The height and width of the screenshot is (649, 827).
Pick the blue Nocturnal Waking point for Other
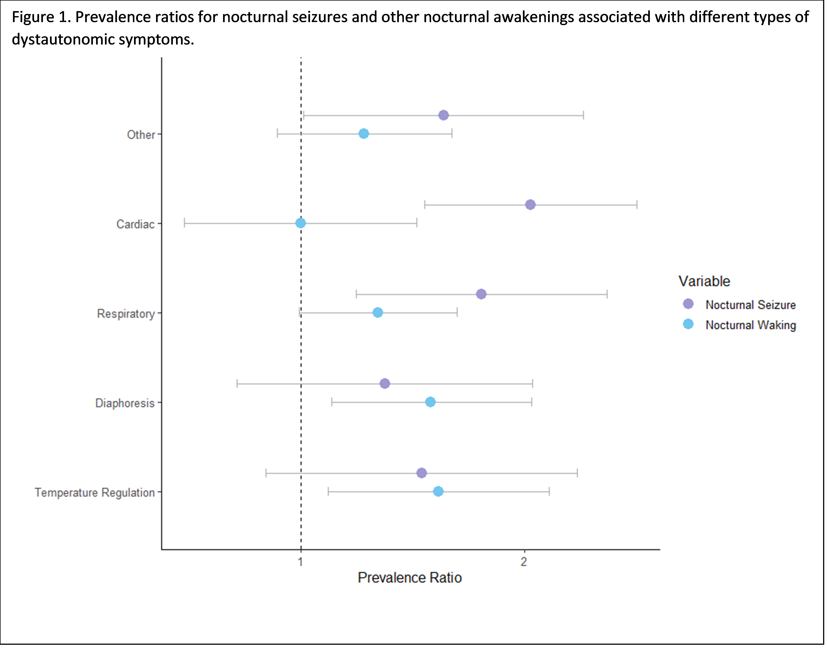[x=364, y=134]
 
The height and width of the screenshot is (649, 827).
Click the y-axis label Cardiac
[x=135, y=224]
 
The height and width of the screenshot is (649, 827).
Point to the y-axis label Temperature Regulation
[x=95, y=492]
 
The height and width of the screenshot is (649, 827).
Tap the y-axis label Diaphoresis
[x=125, y=403]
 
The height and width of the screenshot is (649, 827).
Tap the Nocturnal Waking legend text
[x=751, y=325]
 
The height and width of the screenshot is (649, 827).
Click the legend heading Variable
[x=704, y=281]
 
